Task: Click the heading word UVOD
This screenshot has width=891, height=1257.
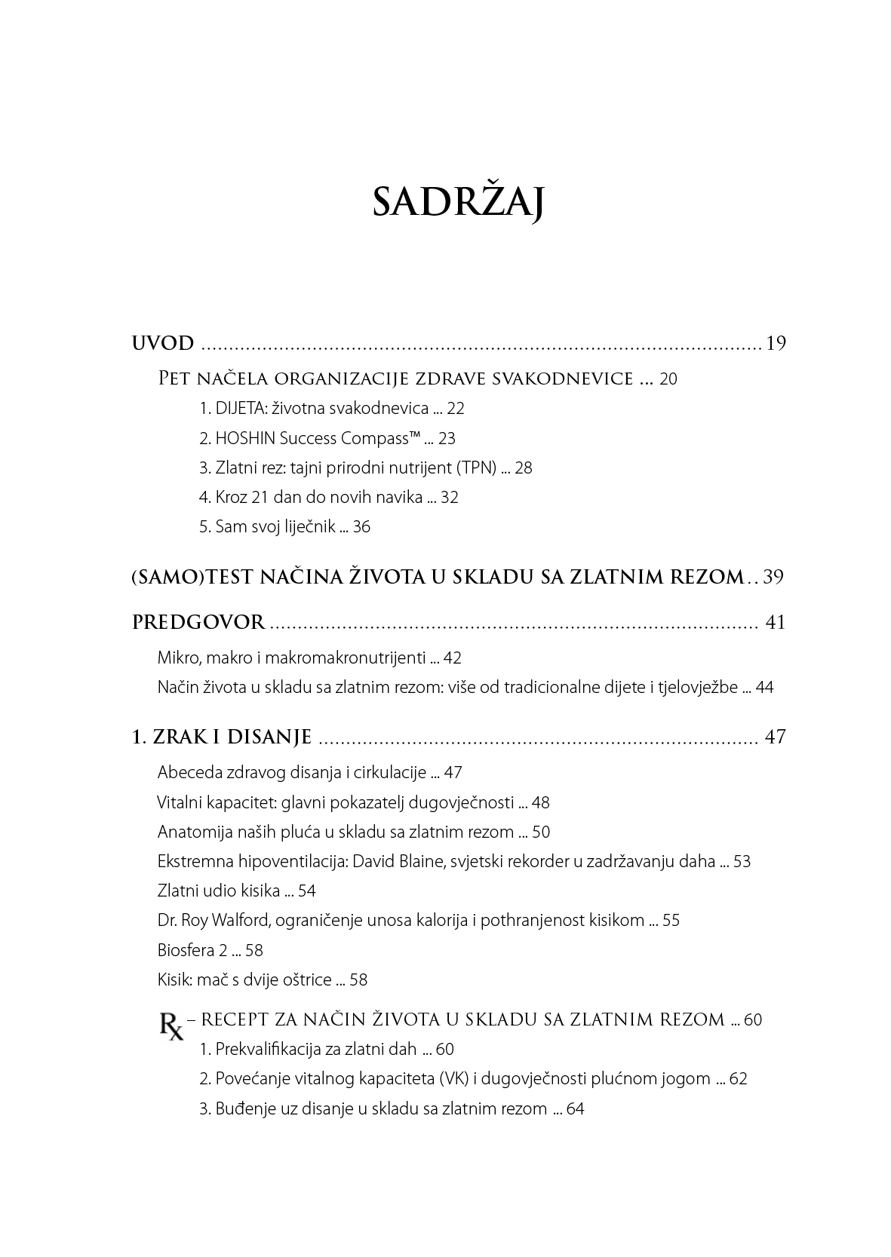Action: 163,344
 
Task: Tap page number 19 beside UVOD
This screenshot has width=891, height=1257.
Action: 776,344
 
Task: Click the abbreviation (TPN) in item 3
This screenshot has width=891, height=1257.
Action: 476,468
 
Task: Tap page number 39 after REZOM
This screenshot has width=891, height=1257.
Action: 773,578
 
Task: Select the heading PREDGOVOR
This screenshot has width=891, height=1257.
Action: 198,623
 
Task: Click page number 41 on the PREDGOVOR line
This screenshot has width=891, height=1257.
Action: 775,623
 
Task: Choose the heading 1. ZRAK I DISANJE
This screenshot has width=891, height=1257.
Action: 222,737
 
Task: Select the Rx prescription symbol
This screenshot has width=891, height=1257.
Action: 171,1026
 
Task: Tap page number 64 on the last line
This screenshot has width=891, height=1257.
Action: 575,1109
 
